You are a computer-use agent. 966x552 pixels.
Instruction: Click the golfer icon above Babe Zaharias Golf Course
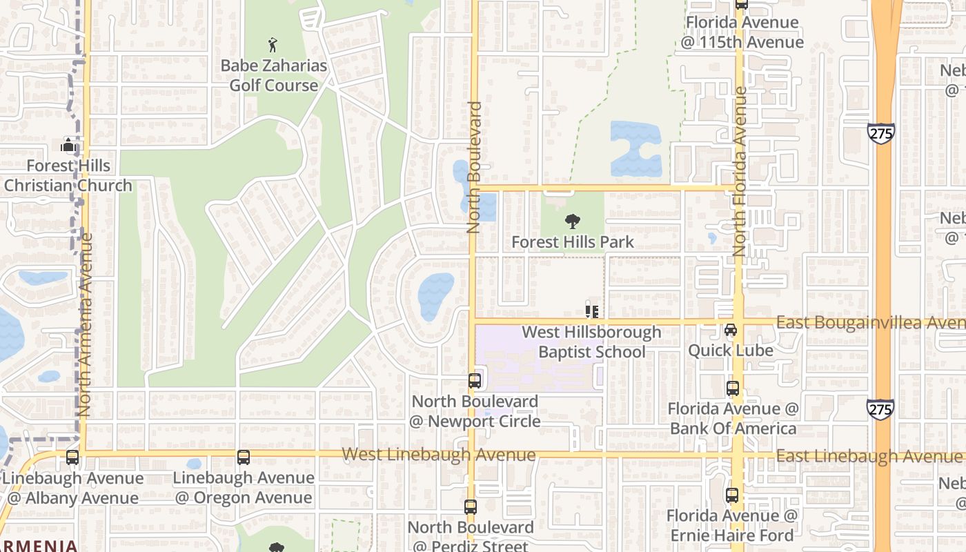(x=273, y=46)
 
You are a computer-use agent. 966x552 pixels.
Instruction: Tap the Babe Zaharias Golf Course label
(x=274, y=76)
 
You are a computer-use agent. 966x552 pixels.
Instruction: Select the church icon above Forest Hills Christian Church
(x=68, y=145)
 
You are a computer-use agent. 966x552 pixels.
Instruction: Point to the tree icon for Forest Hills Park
(x=572, y=221)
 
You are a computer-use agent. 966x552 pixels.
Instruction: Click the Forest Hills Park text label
(x=573, y=242)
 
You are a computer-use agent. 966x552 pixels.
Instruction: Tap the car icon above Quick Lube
(x=731, y=331)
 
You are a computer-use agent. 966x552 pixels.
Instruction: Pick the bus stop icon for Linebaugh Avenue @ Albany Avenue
(x=72, y=457)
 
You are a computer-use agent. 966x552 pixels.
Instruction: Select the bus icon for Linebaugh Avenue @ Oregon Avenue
(x=244, y=457)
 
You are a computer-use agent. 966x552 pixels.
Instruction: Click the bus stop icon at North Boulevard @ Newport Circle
(x=475, y=380)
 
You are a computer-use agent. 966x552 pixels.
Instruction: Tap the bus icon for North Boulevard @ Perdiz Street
(x=471, y=507)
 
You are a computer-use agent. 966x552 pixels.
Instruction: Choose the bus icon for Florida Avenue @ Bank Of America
(x=733, y=388)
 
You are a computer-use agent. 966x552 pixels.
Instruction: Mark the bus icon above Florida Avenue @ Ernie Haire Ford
(x=732, y=495)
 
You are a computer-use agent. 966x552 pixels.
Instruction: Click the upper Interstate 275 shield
(x=881, y=133)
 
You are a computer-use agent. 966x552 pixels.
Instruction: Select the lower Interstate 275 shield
(x=880, y=409)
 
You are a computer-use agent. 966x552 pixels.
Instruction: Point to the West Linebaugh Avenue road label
(x=439, y=455)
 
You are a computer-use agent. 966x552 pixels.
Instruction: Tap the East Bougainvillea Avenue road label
(x=870, y=323)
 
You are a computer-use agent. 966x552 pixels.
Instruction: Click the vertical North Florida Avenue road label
(x=740, y=172)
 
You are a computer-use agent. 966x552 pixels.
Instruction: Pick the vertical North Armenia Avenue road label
(x=86, y=324)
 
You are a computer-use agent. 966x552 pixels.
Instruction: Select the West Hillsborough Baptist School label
(x=591, y=342)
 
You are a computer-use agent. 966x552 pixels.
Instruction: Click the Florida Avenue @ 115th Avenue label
(x=744, y=32)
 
